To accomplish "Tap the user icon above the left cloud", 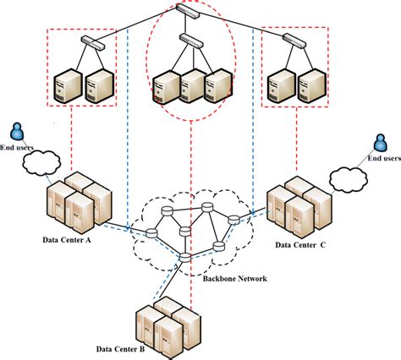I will pos(16,133).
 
